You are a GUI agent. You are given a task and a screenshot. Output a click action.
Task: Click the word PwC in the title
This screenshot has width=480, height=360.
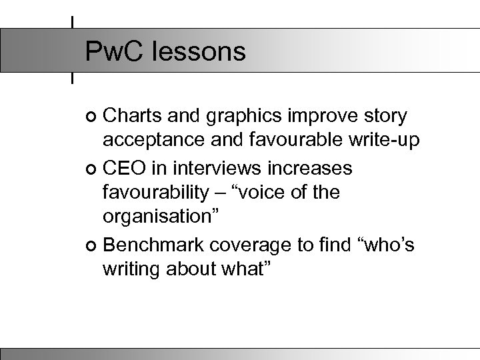click(x=114, y=51)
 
